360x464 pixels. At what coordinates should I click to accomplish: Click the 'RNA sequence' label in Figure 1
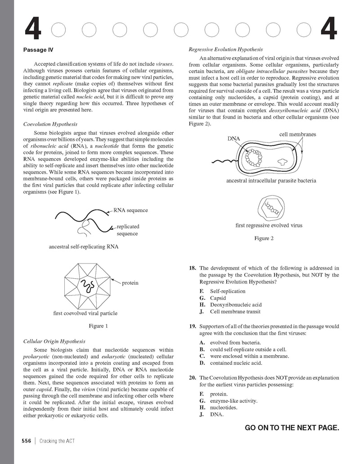(130, 210)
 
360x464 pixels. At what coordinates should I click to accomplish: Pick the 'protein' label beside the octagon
(130, 283)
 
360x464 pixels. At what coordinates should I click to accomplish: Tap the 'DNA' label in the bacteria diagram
(234, 139)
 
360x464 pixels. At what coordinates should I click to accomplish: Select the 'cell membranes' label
(297, 134)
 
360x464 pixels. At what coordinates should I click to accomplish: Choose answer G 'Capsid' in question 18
(218, 298)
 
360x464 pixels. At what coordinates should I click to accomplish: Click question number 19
(192, 326)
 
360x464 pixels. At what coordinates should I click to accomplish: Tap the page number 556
(26, 441)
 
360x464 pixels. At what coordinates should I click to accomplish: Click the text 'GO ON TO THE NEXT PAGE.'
(292, 427)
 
